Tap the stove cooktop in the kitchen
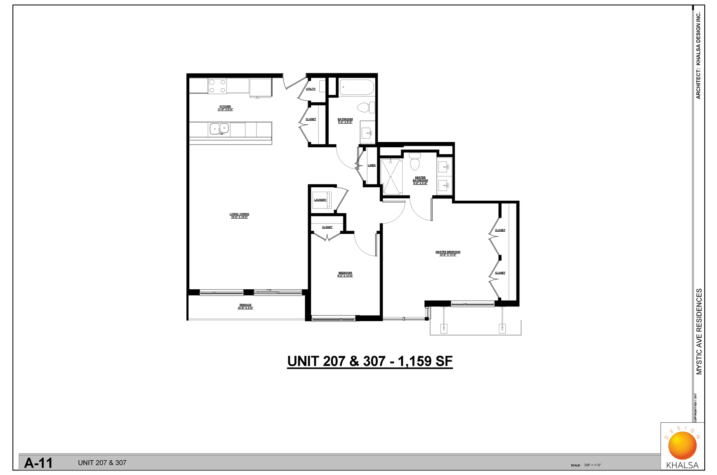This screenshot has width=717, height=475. click(x=217, y=86)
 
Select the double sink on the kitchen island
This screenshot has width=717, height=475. click(x=219, y=129)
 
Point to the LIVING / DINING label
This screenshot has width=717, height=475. click(x=239, y=215)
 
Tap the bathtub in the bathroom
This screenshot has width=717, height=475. click(x=357, y=87)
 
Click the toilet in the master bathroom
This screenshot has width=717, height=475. click(x=415, y=161)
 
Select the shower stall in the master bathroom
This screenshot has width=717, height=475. click(x=391, y=176)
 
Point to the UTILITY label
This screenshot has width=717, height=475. click(x=311, y=89)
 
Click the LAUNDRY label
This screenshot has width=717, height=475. click(x=320, y=200)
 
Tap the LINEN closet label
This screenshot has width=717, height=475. click(x=372, y=166)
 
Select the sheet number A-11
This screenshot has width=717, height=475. click(x=38, y=463)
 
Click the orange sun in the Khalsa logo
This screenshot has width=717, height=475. click(x=682, y=445)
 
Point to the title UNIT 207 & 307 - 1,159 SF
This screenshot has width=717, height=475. click(x=370, y=361)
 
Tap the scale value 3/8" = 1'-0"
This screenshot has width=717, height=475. click(x=593, y=465)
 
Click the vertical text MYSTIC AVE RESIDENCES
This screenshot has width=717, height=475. click(x=699, y=331)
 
